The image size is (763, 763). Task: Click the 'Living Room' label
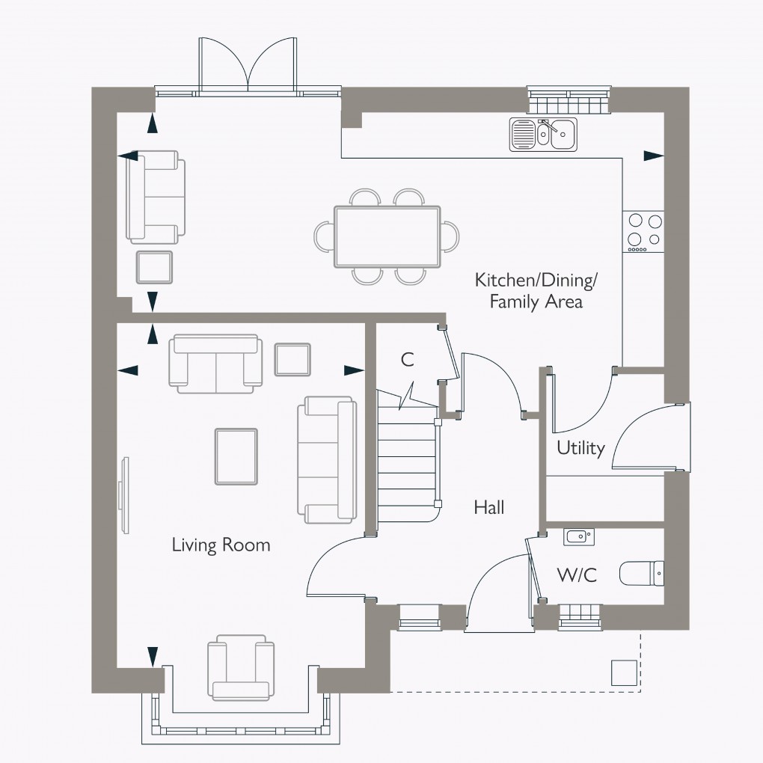(221, 545)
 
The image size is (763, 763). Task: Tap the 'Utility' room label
(580, 448)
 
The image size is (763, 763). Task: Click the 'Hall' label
(488, 507)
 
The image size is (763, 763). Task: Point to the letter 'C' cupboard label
(407, 360)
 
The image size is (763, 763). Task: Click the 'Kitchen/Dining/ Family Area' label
(536, 291)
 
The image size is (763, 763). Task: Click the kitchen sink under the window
(543, 135)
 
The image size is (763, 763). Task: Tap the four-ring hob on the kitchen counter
(644, 230)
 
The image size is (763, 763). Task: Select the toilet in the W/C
(641, 574)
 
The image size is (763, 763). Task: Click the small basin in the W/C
(577, 536)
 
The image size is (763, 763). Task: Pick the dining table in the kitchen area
(387, 236)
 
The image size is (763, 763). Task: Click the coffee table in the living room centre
(236, 456)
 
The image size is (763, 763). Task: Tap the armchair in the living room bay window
(240, 667)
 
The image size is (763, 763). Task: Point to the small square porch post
(625, 672)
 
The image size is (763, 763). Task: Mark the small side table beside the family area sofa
(153, 267)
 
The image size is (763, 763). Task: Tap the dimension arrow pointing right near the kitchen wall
(653, 156)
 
